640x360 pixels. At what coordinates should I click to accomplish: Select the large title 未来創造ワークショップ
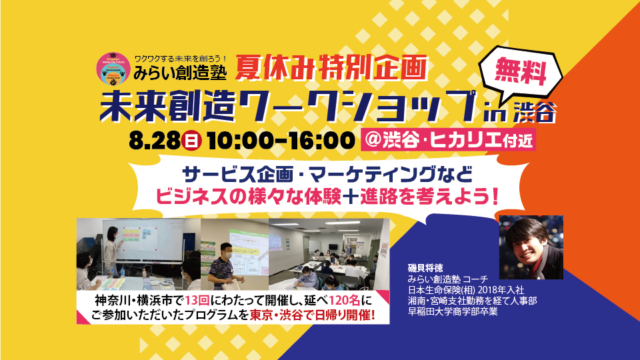pyautogui.click(x=300, y=106)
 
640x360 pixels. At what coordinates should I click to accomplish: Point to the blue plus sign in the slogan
pyautogui.click(x=371, y=192)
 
